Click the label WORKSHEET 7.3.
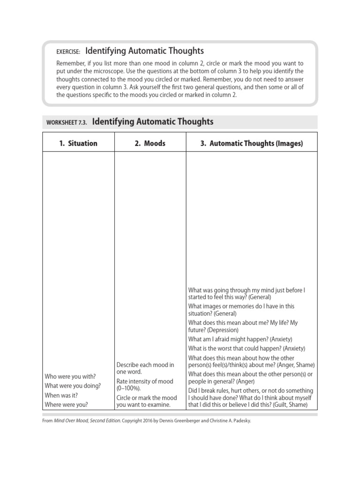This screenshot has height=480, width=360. coord(67,123)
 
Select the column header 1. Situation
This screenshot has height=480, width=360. coord(78,143)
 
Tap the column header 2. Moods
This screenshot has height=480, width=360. coord(150,143)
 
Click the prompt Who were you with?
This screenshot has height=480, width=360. coord(70,376)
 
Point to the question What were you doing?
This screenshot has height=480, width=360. coord(73,386)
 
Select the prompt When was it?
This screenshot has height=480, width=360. coord(61,395)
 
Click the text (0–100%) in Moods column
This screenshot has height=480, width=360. coord(128,389)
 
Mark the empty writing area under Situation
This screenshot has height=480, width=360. coord(78,253)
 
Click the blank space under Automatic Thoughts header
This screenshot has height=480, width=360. coord(251,216)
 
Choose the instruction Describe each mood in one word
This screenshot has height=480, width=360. coord(145,368)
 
